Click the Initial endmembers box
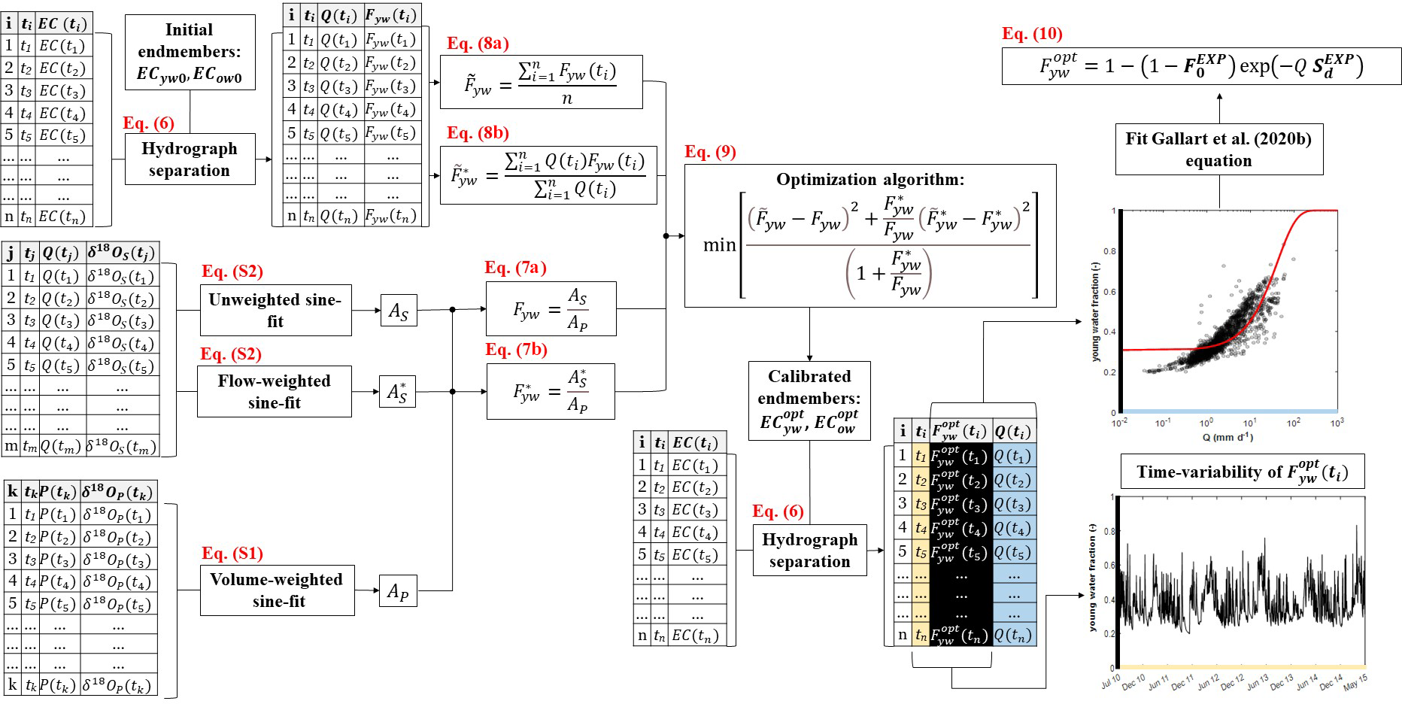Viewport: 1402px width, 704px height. tap(190, 52)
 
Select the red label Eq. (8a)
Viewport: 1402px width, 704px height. tap(478, 44)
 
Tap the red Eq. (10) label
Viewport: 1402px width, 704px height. tap(1032, 34)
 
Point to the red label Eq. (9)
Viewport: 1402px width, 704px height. tap(710, 152)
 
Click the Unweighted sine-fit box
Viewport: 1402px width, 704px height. tap(275, 310)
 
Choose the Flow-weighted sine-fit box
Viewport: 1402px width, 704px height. tap(275, 391)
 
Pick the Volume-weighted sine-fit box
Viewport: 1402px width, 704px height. tap(278, 590)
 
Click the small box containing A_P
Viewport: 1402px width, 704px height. tap(398, 591)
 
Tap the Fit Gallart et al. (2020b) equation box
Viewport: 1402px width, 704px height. tap(1218, 150)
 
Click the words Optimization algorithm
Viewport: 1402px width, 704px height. tap(870, 180)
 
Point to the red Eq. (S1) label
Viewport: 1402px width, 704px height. tap(232, 554)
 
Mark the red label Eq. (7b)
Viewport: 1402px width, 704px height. tap(516, 350)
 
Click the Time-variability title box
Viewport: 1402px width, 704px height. tap(1242, 472)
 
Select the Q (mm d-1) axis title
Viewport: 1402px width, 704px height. tap(1228, 437)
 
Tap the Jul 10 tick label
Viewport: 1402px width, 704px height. tap(1111, 681)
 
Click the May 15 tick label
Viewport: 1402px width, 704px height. tap(1355, 681)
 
